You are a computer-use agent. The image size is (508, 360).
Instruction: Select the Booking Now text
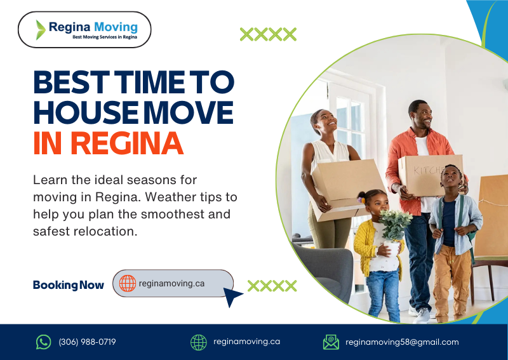(x=68, y=285)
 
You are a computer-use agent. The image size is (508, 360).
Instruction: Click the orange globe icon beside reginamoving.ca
(x=128, y=283)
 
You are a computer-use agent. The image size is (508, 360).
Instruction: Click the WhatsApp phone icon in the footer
(x=43, y=342)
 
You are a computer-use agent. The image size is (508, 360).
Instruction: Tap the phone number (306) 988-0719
(x=87, y=342)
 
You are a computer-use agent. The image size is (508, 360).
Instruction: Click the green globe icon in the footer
(x=199, y=342)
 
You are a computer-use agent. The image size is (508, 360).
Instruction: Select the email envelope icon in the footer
(x=331, y=342)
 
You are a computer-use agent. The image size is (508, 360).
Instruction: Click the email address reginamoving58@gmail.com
(x=402, y=342)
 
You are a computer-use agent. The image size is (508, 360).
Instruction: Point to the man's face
(x=422, y=116)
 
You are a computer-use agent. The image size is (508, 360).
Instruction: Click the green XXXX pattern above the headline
(x=268, y=34)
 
